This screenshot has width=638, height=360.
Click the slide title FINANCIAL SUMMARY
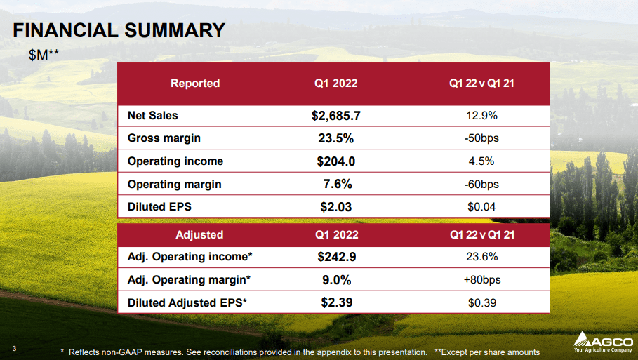click(x=119, y=31)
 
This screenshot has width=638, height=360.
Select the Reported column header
click(x=195, y=84)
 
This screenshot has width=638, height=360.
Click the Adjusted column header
click(x=199, y=235)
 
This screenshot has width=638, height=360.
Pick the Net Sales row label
click(x=153, y=115)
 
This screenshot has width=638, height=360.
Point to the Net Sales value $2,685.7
click(x=335, y=115)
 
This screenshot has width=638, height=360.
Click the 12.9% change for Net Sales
click(x=481, y=115)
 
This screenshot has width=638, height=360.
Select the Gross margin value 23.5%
click(x=335, y=138)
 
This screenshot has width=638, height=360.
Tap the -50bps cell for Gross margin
click(x=481, y=138)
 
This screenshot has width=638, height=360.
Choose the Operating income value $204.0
click(x=335, y=161)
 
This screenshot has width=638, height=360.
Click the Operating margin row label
click(x=174, y=185)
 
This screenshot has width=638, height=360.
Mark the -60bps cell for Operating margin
click(x=481, y=185)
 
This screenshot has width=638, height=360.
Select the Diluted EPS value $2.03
click(x=335, y=207)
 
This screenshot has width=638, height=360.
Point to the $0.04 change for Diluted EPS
click(x=481, y=207)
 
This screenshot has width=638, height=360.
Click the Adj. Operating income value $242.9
click(x=335, y=257)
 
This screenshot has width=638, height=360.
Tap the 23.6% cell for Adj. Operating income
click(x=481, y=257)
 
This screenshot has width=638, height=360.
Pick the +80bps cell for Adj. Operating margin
click(x=481, y=280)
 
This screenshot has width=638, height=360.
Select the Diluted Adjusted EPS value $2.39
click(x=335, y=303)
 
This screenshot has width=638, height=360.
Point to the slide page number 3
click(x=15, y=347)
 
